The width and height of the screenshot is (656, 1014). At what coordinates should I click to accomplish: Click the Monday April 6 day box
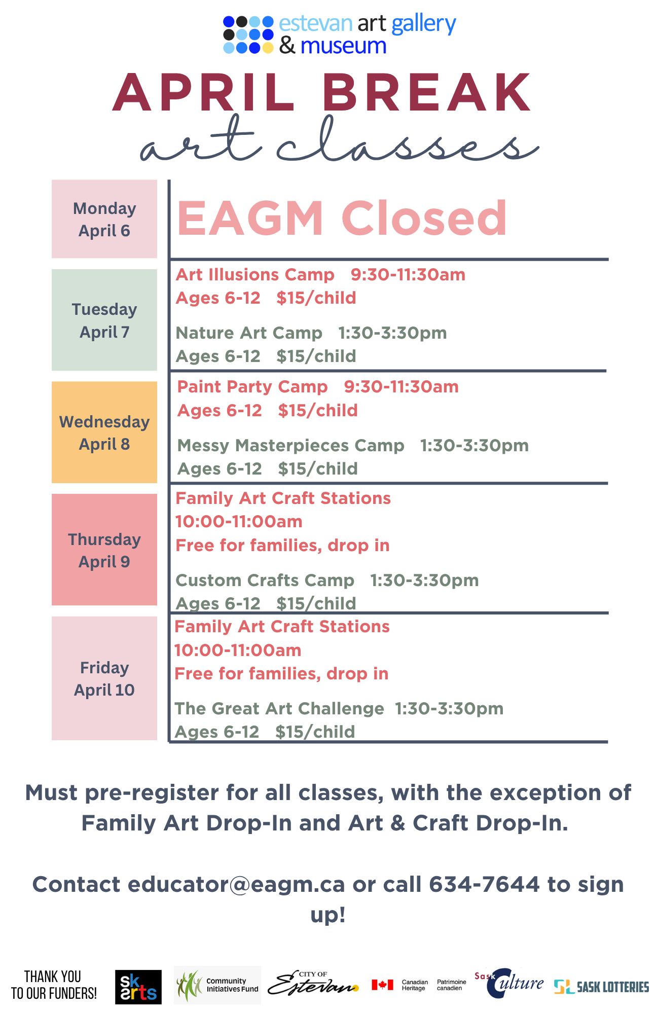[x=104, y=219]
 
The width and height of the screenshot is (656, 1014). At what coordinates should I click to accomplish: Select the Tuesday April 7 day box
[x=104, y=320]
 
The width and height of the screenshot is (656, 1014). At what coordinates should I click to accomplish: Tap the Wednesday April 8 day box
[x=104, y=432]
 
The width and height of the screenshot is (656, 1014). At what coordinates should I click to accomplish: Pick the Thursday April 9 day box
[x=104, y=550]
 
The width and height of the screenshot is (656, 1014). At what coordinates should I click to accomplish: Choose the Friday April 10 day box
[x=104, y=678]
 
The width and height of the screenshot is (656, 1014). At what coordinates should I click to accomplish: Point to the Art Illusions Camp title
[x=255, y=275]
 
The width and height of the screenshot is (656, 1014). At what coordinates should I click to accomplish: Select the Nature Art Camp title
[x=249, y=333]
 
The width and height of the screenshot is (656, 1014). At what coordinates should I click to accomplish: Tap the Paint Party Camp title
[x=252, y=387]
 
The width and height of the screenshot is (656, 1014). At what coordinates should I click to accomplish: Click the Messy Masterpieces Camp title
[x=291, y=446]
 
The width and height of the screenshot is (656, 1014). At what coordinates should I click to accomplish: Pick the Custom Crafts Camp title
[x=265, y=581]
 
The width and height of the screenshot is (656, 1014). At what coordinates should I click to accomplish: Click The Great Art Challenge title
[x=279, y=709]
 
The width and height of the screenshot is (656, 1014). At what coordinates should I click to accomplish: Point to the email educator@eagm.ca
[x=236, y=885]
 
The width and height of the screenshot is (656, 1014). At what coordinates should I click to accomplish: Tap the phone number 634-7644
[x=484, y=884]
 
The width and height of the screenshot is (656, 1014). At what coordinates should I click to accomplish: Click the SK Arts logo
[x=138, y=987]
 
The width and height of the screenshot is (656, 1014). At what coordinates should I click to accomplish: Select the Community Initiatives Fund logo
[x=217, y=985]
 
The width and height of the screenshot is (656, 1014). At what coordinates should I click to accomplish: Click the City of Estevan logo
[x=313, y=984]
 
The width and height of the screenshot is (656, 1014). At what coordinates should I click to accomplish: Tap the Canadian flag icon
[x=382, y=985]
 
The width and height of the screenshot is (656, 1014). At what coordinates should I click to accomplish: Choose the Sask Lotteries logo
[x=601, y=987]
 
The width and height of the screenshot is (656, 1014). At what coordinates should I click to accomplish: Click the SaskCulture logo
[x=509, y=984]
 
